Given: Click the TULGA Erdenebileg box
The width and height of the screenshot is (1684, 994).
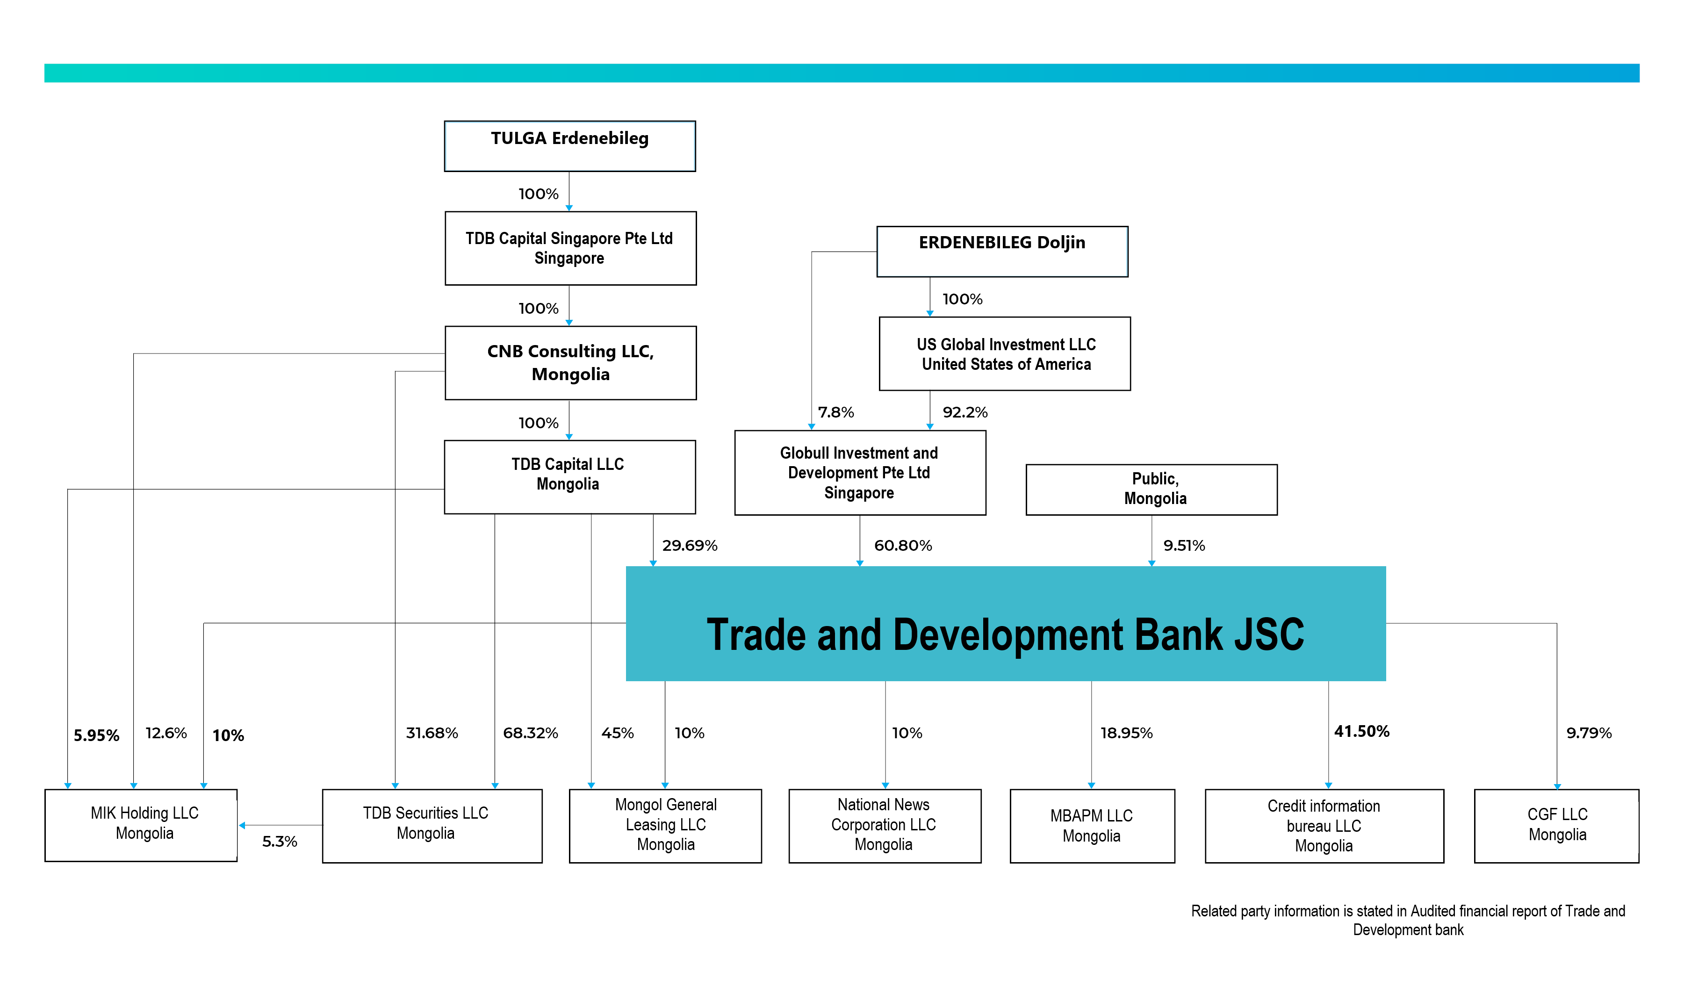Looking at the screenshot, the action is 570,146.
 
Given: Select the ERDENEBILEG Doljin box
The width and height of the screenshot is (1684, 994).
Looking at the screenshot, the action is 1002,251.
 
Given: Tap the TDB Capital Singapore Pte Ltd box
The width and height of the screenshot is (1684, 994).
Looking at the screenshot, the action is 570,249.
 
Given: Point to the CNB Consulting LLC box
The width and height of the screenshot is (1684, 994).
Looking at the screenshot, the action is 570,363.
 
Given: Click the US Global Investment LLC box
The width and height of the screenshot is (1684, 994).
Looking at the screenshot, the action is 1005,353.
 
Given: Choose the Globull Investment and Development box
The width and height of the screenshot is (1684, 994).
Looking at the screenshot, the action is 860,473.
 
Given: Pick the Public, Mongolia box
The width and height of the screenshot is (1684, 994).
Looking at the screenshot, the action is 1151,490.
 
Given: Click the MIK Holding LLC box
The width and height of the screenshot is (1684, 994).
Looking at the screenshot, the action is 141,825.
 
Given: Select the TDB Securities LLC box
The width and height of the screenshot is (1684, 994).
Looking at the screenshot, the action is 432,826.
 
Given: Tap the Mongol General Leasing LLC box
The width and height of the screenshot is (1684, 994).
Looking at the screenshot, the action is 666,826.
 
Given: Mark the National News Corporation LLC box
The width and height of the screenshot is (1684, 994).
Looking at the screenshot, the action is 885,826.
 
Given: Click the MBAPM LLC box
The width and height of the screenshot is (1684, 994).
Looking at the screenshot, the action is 1093,826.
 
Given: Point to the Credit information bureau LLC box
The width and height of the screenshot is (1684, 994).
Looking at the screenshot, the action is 1324,826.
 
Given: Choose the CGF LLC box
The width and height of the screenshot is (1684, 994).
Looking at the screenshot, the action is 1557,826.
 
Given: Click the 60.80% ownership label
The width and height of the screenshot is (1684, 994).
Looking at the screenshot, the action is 903,545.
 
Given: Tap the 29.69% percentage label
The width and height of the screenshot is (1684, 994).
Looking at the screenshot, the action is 690,545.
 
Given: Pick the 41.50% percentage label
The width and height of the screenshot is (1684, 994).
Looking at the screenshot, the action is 1362,731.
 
